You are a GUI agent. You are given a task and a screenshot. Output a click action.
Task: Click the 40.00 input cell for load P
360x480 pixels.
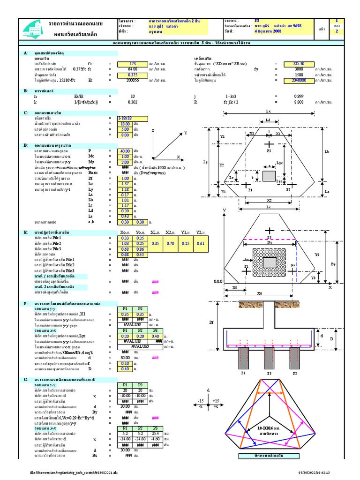tap(125, 150)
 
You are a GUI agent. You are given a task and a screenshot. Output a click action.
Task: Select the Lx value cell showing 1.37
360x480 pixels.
tap(125, 184)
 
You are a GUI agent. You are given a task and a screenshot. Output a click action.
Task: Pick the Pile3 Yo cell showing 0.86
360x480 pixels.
tap(140, 248)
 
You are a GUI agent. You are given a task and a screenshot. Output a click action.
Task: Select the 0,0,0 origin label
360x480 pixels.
tap(217, 282)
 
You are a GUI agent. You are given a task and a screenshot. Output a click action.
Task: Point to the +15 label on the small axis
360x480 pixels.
tap(216, 401)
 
